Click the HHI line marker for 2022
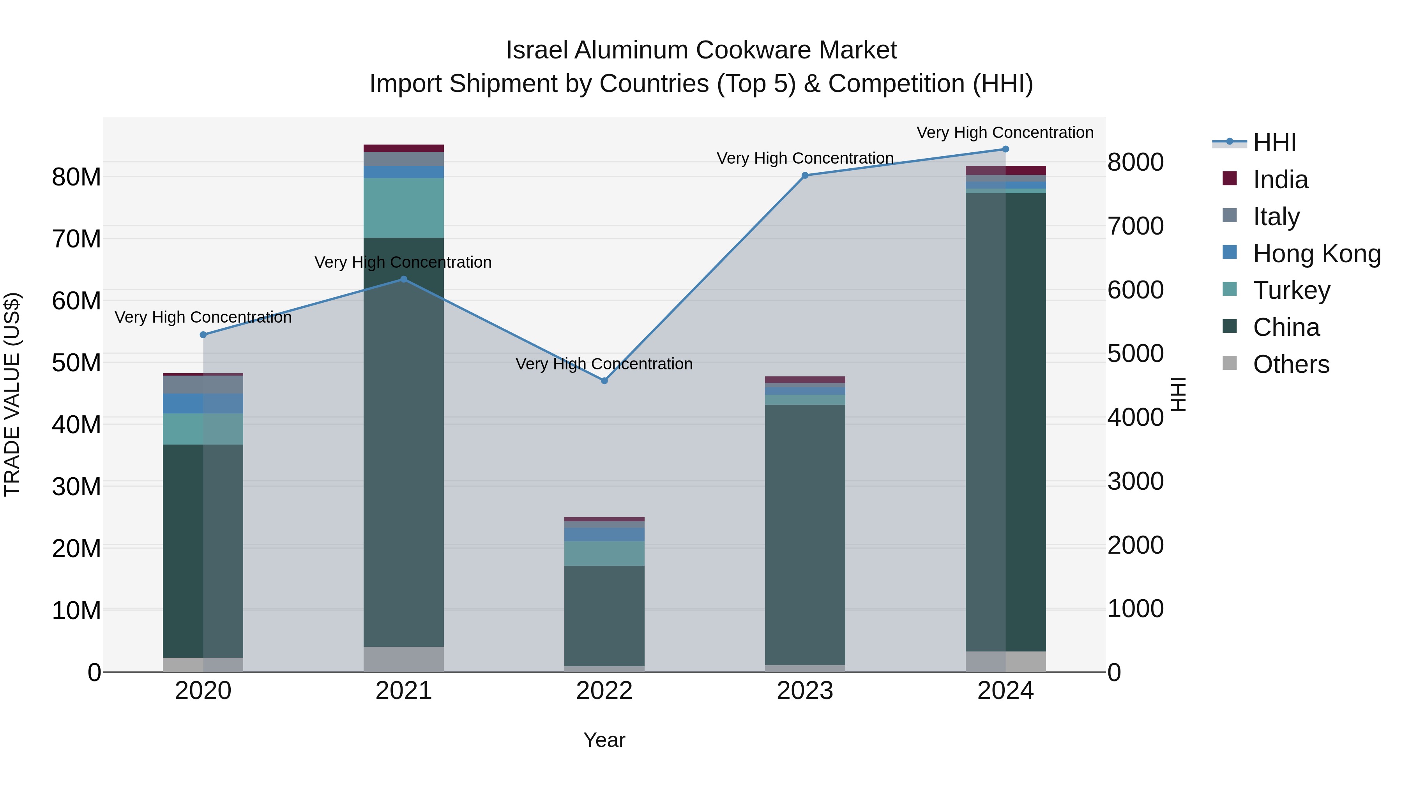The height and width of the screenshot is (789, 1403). click(x=604, y=381)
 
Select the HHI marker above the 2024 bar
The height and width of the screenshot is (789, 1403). click(x=1005, y=149)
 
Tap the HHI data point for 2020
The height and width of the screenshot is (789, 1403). click(x=203, y=335)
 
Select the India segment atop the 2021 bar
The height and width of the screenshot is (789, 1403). click(x=404, y=148)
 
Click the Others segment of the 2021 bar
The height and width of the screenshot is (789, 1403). click(x=404, y=659)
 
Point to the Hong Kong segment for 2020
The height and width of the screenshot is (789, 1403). click(x=203, y=404)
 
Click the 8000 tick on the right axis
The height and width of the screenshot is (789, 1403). click(x=1136, y=162)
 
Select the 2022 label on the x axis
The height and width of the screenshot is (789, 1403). click(x=604, y=691)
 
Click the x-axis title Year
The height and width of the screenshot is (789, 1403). click(x=604, y=740)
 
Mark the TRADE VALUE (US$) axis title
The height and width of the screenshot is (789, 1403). click(x=12, y=394)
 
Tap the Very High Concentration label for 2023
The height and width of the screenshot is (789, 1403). click(x=805, y=159)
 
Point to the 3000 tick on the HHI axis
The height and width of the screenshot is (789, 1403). click(x=1136, y=481)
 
